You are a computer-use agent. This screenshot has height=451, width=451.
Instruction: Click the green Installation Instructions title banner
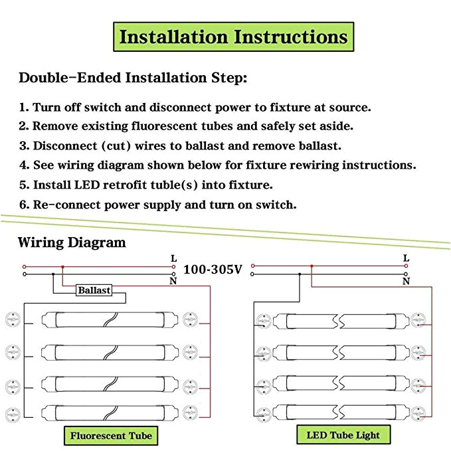[233, 37]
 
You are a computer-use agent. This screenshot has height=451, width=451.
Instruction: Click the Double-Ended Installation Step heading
[133, 78]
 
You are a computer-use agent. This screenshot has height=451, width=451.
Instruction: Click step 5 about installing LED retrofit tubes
[145, 185]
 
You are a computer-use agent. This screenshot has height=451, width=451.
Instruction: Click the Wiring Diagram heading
[72, 242]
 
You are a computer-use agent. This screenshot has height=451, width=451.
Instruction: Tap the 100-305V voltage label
[213, 270]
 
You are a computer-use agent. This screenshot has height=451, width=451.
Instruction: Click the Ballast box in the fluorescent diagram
[94, 290]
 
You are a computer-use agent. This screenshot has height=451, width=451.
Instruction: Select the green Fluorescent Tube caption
[111, 436]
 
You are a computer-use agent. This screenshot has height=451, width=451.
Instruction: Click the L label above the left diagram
[175, 258]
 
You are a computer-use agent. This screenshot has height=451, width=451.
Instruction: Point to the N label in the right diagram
[406, 282]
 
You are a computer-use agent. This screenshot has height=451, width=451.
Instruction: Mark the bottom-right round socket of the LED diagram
[418, 412]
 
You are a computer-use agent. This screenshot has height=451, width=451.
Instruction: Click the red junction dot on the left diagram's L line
[62, 266]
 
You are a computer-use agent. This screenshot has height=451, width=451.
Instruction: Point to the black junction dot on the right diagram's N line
[300, 273]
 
